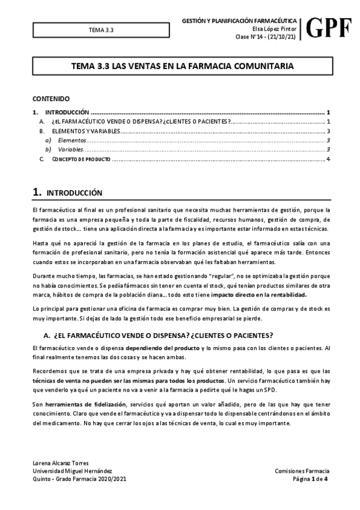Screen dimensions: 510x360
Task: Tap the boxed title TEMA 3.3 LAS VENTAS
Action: tap(183, 64)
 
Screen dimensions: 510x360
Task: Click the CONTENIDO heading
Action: tap(51, 98)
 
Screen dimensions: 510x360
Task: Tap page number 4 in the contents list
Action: tap(328, 159)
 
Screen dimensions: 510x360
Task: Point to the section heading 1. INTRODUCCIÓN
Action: tap(67, 192)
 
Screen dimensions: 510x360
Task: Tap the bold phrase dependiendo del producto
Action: tap(162, 348)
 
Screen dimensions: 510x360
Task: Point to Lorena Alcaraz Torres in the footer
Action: tap(61, 462)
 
